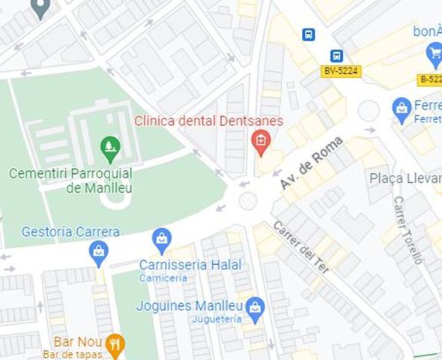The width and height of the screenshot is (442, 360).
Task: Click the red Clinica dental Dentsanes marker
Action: point(261,140)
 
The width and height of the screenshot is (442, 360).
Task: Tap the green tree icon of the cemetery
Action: point(110,147)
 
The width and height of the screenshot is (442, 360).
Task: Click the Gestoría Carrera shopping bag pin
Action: point(98,252)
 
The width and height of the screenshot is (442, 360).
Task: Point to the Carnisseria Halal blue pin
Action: point(162,240)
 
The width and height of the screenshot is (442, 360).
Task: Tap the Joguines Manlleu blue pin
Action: point(255,308)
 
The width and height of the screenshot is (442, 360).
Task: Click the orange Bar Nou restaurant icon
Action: point(114,345)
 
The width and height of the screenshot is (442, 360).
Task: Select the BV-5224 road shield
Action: point(342,71)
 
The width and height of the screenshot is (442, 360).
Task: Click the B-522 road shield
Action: point(430,79)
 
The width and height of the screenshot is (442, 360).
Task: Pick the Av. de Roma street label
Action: point(311,162)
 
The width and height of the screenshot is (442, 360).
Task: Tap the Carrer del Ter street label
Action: point(301,245)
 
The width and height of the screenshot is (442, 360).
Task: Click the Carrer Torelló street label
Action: point(408,230)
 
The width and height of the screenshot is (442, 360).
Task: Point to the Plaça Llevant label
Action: point(405,178)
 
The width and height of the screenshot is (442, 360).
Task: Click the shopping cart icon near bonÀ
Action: point(434,52)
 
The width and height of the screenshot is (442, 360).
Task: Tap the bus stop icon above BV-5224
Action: point(337,55)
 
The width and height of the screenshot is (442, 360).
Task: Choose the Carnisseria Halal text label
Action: point(190,265)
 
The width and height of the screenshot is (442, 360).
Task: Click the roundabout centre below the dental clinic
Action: point(247,200)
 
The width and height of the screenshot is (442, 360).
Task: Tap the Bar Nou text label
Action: point(78,342)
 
